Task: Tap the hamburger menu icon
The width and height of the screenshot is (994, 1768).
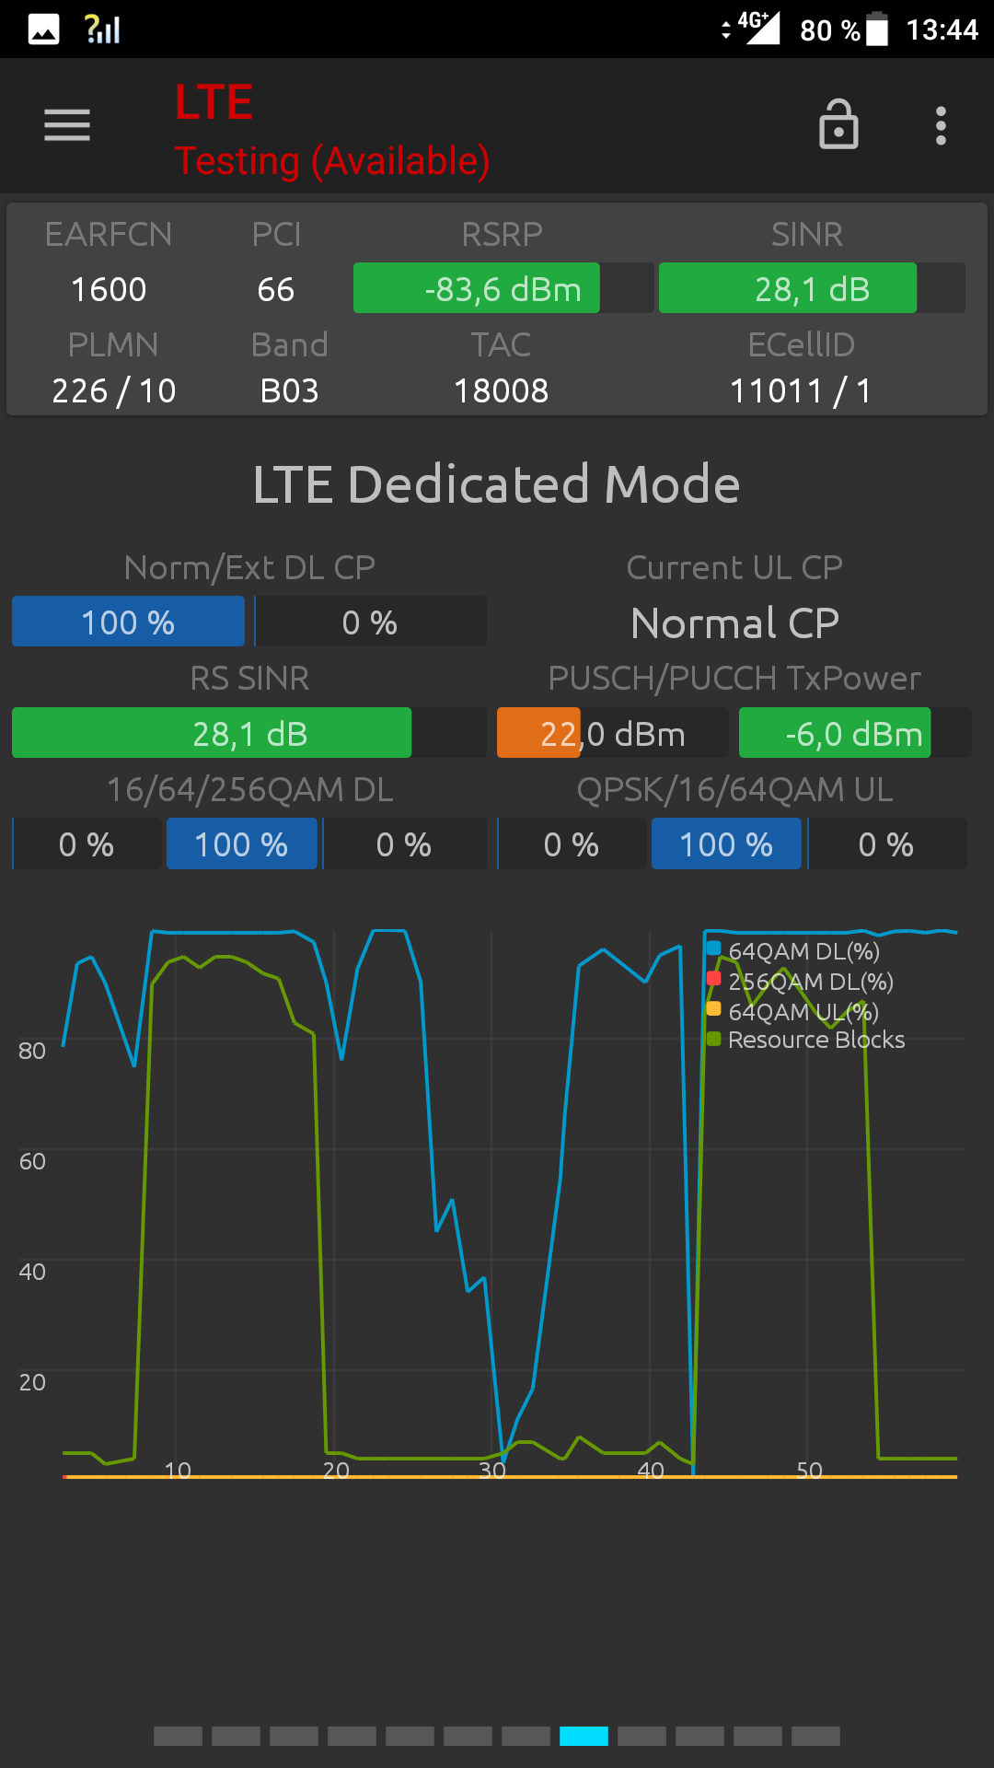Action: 67,125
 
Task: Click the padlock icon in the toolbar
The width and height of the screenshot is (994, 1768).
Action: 838,124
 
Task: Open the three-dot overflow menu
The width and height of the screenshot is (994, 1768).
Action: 941,125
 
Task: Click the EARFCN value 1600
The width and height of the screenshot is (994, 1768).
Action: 109,289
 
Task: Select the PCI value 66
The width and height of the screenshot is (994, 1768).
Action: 276,289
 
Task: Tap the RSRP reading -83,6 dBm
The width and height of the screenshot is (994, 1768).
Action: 503,289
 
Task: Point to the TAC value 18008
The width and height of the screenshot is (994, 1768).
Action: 501,391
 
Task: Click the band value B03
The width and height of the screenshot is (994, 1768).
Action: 289,391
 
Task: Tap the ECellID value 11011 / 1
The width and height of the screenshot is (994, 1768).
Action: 801,391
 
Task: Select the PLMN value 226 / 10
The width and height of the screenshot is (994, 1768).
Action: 113,391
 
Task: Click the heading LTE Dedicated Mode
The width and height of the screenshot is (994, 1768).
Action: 497,484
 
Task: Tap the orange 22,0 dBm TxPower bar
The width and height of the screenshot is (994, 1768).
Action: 539,734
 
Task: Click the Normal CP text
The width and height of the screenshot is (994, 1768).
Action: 734,623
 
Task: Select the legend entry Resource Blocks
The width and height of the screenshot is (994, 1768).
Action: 815,1040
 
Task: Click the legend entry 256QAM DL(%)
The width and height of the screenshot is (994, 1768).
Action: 810,982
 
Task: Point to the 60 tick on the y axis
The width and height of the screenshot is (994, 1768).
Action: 32,1161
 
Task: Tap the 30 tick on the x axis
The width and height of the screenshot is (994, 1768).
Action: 492,1471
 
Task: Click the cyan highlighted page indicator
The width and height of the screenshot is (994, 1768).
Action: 584,1736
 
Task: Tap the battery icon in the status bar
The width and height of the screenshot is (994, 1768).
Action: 877,29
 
